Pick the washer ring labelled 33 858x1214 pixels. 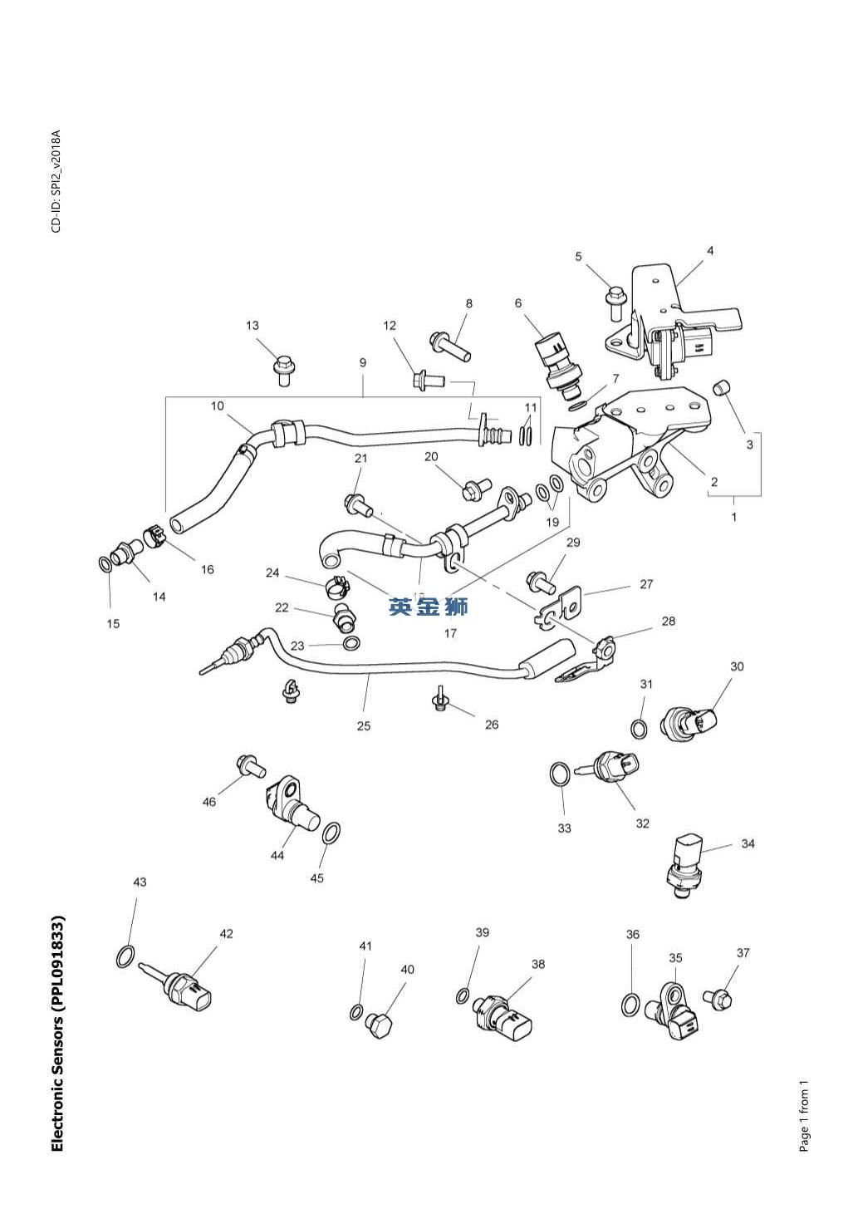click(560, 774)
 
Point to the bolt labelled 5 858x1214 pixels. click(616, 302)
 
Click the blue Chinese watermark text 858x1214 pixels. click(428, 607)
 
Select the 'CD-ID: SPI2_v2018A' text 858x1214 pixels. click(56, 181)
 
